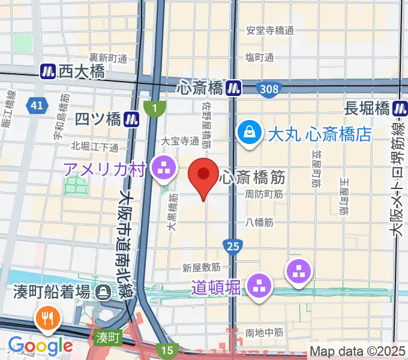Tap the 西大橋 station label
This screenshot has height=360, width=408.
tap(81, 72)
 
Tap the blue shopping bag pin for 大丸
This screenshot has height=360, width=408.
tap(249, 133)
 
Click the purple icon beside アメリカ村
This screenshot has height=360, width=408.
tap(163, 169)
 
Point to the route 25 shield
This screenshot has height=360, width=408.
tap(233, 245)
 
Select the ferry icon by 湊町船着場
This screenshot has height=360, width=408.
tap(104, 293)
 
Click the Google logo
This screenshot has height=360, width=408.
tap(40, 346)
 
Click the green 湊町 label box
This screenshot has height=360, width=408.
tap(107, 338)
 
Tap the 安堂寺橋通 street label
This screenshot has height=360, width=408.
tap(271, 30)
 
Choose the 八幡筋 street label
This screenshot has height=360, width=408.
tap(259, 222)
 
